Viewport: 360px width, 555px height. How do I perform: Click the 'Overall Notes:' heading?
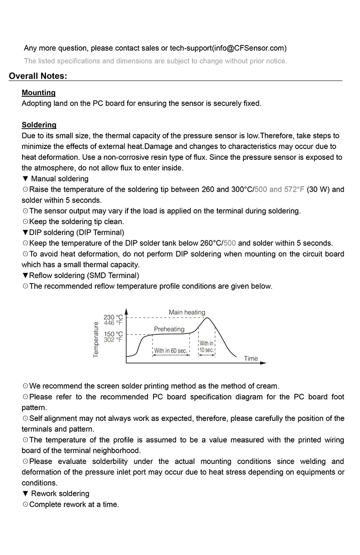[38, 76]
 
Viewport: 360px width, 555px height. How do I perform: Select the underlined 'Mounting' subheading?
[39, 93]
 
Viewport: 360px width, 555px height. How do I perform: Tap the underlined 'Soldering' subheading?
[39, 125]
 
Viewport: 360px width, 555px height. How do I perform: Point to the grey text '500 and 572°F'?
[279, 190]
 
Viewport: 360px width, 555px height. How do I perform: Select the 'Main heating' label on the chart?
[187, 312]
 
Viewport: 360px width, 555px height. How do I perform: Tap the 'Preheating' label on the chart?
[169, 329]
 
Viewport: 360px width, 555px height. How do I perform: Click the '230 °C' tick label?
[113, 317]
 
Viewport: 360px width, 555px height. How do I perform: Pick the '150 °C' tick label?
[113, 334]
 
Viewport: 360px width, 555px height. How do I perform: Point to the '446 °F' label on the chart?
[113, 322]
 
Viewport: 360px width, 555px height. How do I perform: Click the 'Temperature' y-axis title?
[96, 340]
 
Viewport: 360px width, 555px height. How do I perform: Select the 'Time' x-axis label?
[251, 358]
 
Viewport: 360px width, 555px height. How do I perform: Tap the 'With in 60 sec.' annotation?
[171, 351]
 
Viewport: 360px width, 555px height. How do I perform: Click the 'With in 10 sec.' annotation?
[207, 347]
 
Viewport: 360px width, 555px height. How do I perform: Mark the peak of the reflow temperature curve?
[207, 318]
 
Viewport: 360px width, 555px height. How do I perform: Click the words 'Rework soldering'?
[60, 494]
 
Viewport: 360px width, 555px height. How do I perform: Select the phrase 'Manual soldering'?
[60, 179]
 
